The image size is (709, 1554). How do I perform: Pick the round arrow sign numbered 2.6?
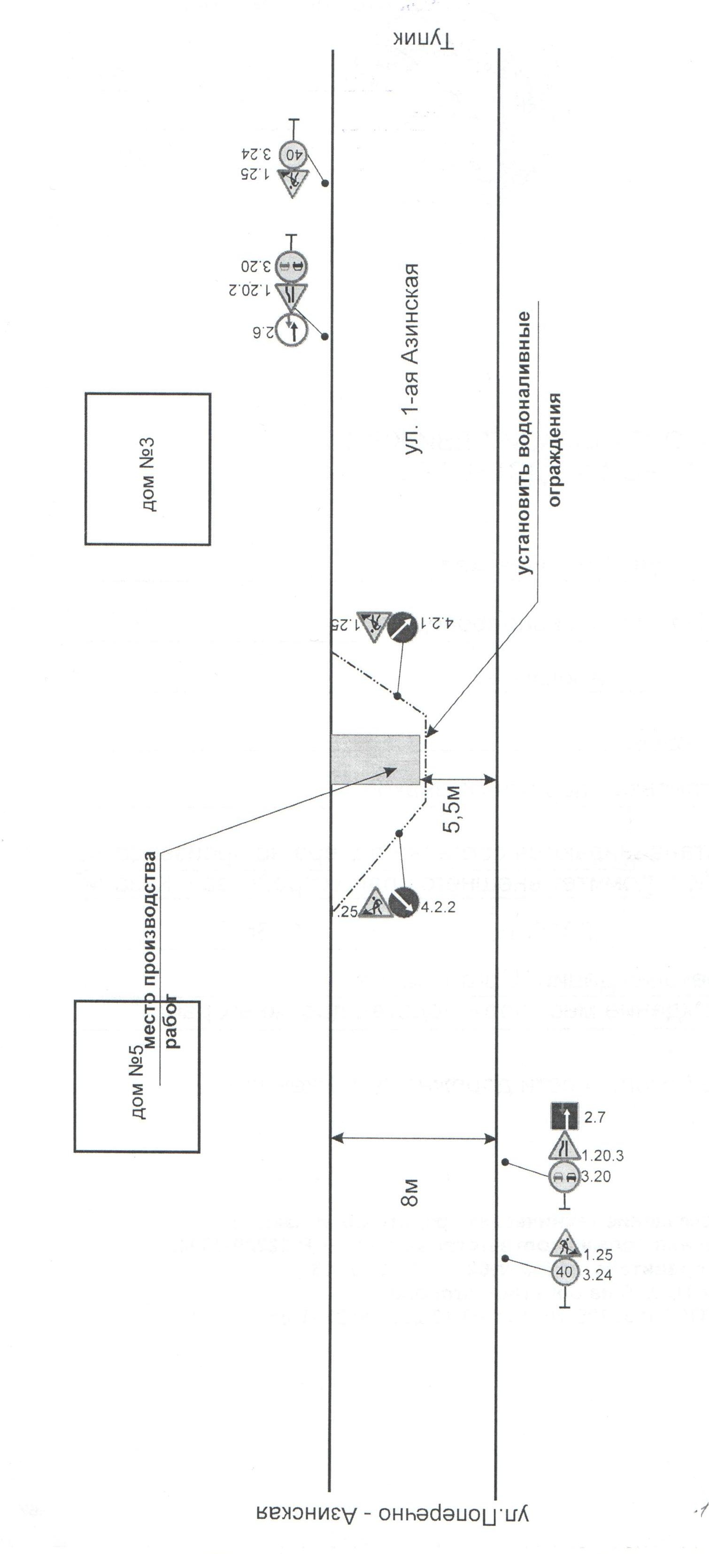point(292,331)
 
